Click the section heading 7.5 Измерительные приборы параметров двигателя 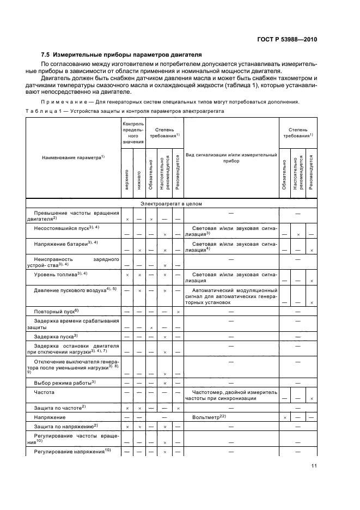coord(122,54)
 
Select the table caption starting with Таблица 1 coord(125,111)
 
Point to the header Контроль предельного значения coord(133,133)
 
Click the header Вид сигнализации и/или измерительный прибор coord(231,157)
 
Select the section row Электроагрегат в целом coord(171,204)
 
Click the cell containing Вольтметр coord(209,417)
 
